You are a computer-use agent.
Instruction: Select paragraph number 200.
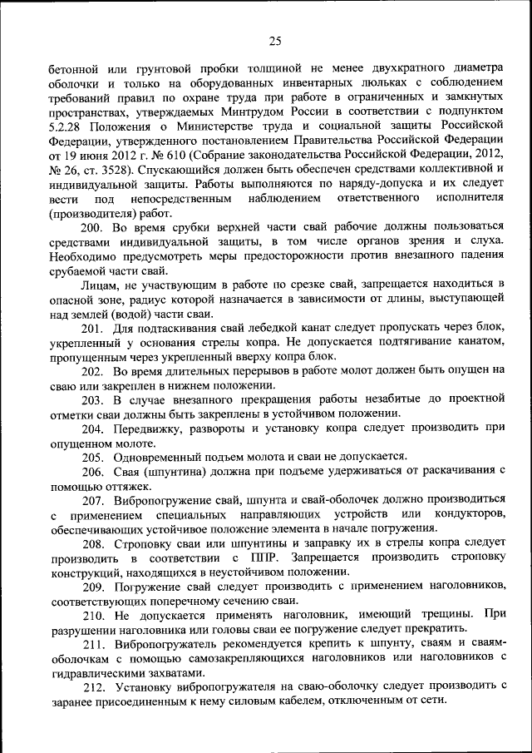click(x=92, y=227)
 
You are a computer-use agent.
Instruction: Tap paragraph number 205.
click(x=92, y=456)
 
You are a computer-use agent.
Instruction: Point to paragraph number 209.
click(x=92, y=586)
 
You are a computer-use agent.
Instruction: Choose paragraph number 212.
click(x=92, y=686)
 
